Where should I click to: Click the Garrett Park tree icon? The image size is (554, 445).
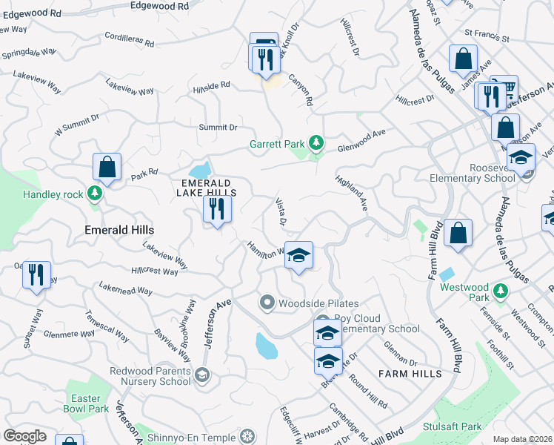pos(316,141)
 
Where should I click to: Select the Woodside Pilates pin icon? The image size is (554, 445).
pos(267,303)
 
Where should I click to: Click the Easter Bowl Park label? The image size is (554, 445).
pos(89,403)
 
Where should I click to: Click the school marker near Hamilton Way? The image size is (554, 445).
pos(298,256)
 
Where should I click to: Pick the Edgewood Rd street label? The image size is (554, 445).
pos(159,6)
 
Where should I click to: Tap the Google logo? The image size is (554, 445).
pos(25,436)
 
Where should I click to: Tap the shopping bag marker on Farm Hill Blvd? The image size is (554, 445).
pos(458,233)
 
